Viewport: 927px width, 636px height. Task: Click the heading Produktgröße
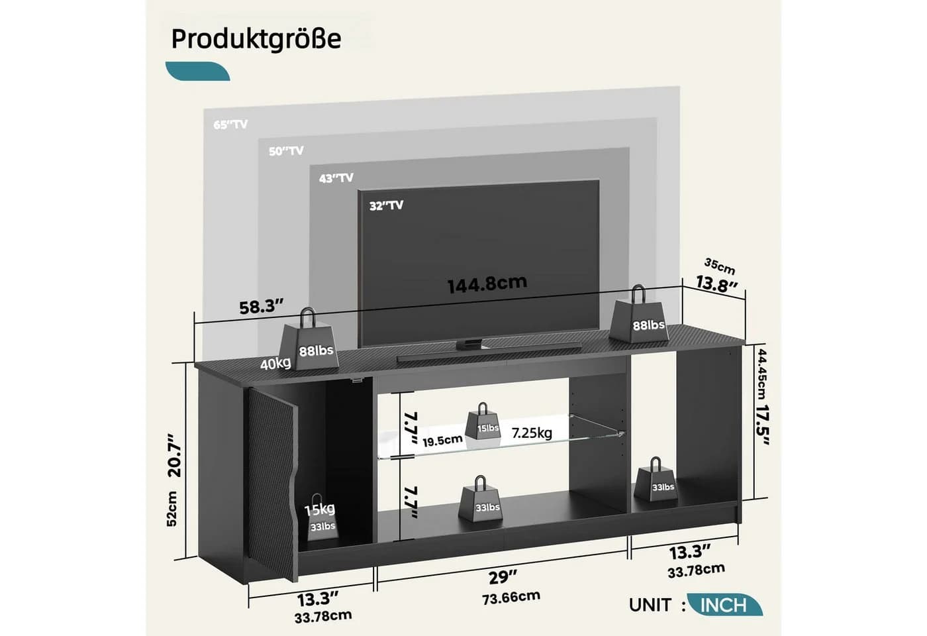(x=256, y=39)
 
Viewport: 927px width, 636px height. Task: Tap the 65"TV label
(x=230, y=125)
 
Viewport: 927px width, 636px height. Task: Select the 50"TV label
(x=286, y=151)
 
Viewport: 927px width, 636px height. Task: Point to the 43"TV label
(x=336, y=178)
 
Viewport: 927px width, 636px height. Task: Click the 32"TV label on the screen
(x=386, y=205)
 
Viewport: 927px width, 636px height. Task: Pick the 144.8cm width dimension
(x=487, y=284)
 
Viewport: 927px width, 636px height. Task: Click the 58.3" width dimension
(x=262, y=307)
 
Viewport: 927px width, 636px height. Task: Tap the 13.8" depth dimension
(x=716, y=284)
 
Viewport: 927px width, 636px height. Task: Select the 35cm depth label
(x=720, y=266)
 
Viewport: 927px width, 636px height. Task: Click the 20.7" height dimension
(x=175, y=456)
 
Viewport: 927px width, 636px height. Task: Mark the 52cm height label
(x=171, y=509)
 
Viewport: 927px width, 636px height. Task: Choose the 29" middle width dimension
(x=503, y=577)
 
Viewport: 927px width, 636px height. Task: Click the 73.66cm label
(x=511, y=598)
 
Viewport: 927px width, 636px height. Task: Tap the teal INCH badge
(x=724, y=605)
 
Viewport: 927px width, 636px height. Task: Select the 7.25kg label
(x=532, y=433)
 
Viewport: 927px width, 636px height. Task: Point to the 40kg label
(x=275, y=364)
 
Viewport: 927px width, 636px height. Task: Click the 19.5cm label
(x=442, y=440)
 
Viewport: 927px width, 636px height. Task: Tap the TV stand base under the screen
(x=469, y=344)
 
